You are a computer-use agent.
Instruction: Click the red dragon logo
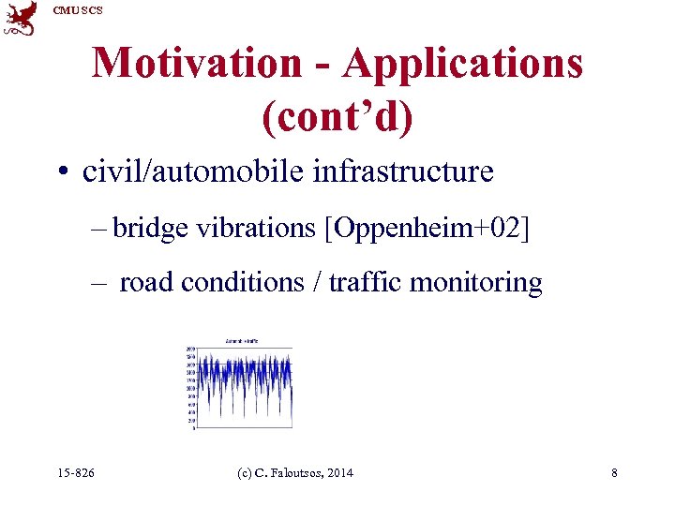coord(21,19)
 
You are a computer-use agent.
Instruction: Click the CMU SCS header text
coord(76,10)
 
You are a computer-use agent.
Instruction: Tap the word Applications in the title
coord(463,63)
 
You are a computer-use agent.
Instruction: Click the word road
coord(146,282)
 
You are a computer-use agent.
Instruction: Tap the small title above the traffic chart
coord(241,339)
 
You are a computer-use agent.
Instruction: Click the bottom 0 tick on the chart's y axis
coord(192,429)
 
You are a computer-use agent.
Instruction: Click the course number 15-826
coord(76,473)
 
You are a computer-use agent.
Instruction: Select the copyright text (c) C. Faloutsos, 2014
coord(297,473)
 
